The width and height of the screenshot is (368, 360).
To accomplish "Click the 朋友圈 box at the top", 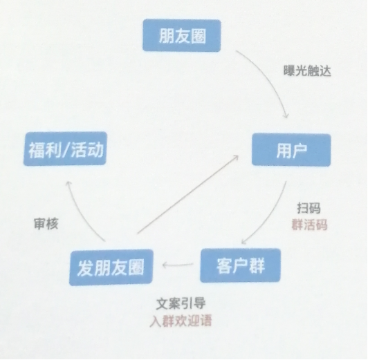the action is pyautogui.click(x=182, y=35).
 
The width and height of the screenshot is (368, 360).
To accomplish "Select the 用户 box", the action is pyautogui.click(x=291, y=149).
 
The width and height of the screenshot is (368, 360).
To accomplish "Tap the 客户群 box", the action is pyautogui.click(x=240, y=265).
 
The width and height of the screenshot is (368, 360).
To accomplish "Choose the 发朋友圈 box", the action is pyautogui.click(x=111, y=267).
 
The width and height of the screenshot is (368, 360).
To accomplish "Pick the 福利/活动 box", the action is pyautogui.click(x=65, y=149).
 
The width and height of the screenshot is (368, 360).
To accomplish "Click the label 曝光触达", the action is pyautogui.click(x=307, y=70).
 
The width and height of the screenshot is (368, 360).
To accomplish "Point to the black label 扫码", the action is pyautogui.click(x=309, y=208).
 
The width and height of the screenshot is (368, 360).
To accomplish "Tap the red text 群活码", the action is pyautogui.click(x=309, y=225).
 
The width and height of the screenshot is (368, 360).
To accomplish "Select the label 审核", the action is pyautogui.click(x=46, y=223).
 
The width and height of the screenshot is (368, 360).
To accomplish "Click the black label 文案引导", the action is pyautogui.click(x=181, y=304).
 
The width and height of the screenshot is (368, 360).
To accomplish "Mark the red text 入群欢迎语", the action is pyautogui.click(x=181, y=321).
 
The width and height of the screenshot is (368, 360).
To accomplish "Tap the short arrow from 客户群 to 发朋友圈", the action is pyautogui.click(x=178, y=265).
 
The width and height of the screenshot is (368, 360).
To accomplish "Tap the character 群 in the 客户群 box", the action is pyautogui.click(x=257, y=265).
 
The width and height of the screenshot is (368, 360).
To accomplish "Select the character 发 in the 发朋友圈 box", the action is pyautogui.click(x=86, y=267).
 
